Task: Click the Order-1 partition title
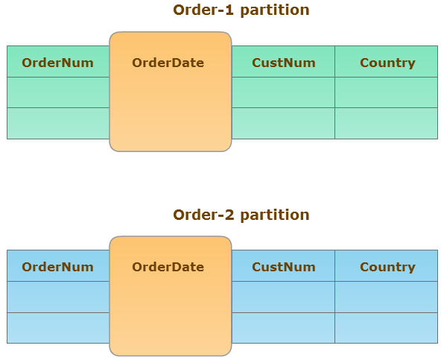[241, 10]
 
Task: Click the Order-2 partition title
[241, 215]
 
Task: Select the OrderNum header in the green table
[57, 63]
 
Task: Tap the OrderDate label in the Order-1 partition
[168, 63]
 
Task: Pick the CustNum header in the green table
[284, 63]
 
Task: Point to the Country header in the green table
[387, 63]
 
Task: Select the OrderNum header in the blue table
[57, 267]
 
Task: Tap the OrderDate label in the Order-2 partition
[168, 267]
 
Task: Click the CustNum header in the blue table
[284, 267]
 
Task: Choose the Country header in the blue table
[387, 268]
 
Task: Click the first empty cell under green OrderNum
[58, 92]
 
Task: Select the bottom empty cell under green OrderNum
[58, 123]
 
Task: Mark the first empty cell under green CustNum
[283, 92]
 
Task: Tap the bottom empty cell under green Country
[386, 123]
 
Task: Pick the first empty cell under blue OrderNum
[58, 297]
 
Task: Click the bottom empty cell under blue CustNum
[283, 328]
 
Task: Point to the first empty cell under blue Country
[386, 297]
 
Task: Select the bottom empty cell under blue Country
[386, 328]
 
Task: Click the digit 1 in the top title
[229, 10]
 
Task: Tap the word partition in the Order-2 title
[275, 216]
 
